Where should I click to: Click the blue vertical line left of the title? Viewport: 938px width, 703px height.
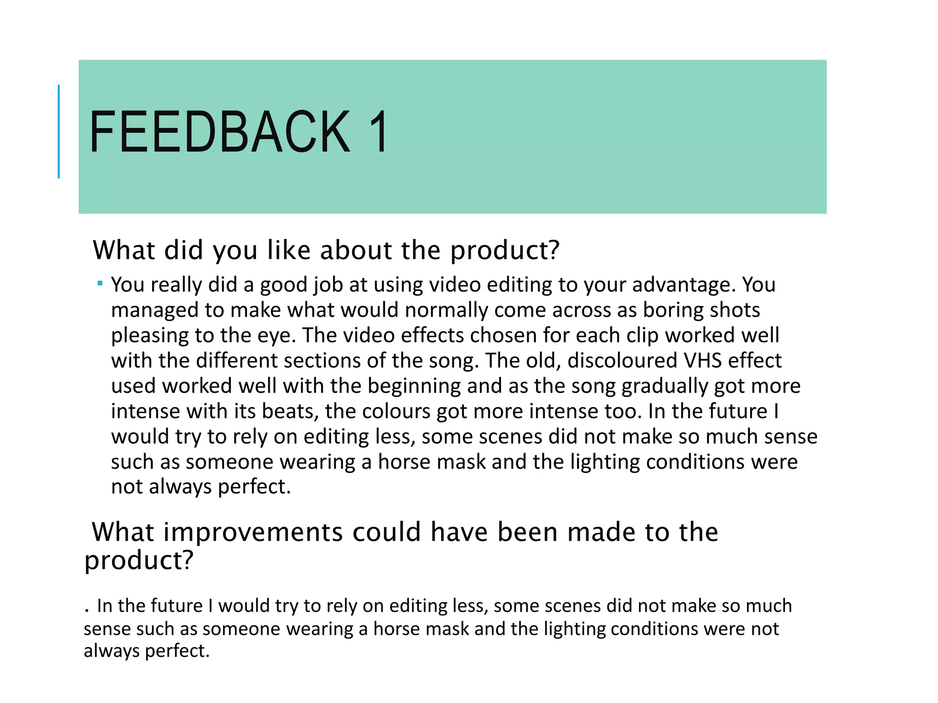pos(59,131)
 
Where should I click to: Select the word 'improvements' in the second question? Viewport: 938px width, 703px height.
pos(253,532)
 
